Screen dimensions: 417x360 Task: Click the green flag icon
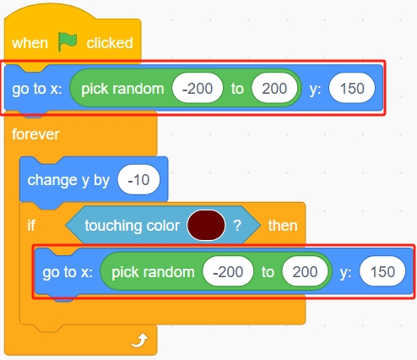click(x=68, y=41)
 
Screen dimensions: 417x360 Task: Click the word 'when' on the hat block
click(x=30, y=43)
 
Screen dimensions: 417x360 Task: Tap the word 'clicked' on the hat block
click(x=110, y=43)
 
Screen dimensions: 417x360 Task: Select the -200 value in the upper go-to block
click(x=198, y=89)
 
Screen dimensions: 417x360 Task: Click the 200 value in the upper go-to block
click(x=274, y=89)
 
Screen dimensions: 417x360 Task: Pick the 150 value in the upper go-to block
click(x=352, y=89)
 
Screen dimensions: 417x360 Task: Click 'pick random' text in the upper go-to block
click(x=122, y=89)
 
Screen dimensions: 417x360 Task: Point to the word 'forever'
click(x=35, y=134)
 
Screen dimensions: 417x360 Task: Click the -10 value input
click(x=138, y=180)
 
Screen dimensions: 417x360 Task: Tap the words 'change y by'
click(x=68, y=180)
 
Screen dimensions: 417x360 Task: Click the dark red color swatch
click(x=206, y=226)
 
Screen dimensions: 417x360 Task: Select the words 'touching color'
click(x=132, y=226)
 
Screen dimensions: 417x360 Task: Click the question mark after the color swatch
click(x=237, y=226)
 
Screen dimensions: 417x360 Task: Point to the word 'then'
click(x=283, y=226)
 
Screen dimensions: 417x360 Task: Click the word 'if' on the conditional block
click(x=31, y=226)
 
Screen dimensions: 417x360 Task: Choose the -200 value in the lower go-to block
click(x=228, y=272)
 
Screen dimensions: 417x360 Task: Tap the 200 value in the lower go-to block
click(x=305, y=272)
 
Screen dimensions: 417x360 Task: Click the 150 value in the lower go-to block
click(x=382, y=272)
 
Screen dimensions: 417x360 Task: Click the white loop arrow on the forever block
click(x=139, y=340)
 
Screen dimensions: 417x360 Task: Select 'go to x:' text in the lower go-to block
click(x=68, y=272)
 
